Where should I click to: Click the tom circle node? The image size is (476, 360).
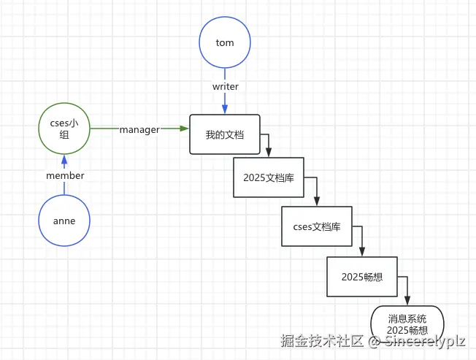(x=225, y=42)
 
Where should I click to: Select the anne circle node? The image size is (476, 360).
(x=64, y=221)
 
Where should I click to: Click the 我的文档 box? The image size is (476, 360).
(x=225, y=134)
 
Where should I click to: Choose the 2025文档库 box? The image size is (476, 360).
(x=268, y=177)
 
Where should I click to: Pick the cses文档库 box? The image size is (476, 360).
(x=317, y=226)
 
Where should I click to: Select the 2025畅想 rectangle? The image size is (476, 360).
(x=362, y=277)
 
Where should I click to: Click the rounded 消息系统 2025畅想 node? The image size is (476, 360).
(x=407, y=325)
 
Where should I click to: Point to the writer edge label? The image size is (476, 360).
(x=225, y=86)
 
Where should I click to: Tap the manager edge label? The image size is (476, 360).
(x=139, y=129)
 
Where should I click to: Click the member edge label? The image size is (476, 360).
(x=65, y=175)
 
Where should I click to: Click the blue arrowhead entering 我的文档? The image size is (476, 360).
(x=225, y=110)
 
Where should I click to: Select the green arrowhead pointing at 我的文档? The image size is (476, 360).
(x=184, y=129)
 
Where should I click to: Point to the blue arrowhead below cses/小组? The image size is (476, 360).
(x=64, y=159)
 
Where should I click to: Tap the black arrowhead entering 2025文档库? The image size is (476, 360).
(x=269, y=153)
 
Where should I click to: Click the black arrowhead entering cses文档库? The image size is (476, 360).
(x=317, y=202)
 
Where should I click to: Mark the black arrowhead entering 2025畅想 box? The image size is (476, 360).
(x=362, y=252)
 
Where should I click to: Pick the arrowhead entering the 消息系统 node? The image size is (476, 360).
(x=407, y=301)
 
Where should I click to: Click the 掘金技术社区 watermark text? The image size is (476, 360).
(x=322, y=340)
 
